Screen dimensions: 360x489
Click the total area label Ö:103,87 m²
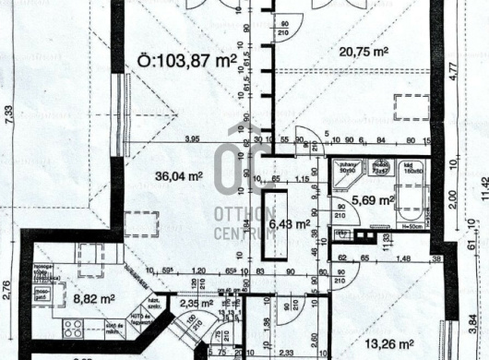[187, 64]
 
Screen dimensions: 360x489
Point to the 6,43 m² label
[285, 222]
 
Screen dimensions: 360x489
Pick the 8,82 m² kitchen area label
[90, 299]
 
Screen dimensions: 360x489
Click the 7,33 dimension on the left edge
[9, 114]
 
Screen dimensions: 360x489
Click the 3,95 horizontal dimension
[192, 139]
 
